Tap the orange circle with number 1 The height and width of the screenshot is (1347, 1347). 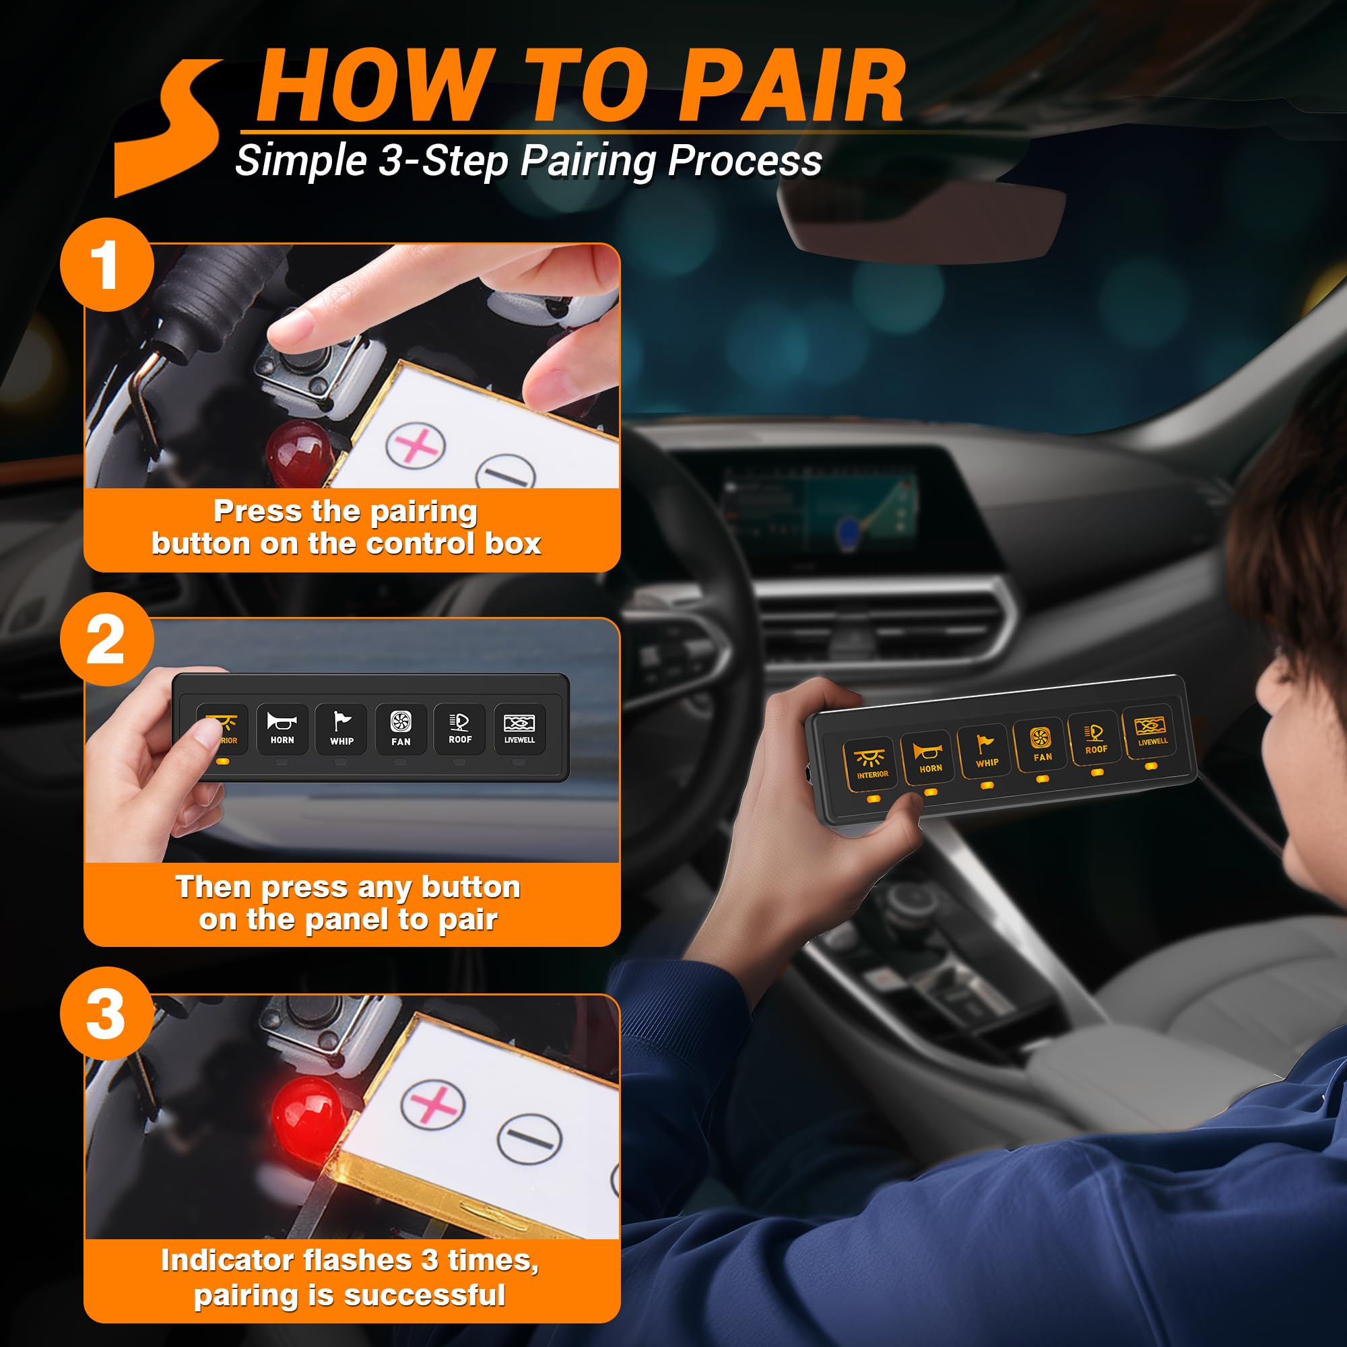pos(106,265)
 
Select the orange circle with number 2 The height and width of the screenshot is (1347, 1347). pos(106,639)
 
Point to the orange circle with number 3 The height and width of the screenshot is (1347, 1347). pos(106,1014)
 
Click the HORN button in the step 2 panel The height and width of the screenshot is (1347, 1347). pos(282,729)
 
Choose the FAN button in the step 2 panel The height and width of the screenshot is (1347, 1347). pos(401,729)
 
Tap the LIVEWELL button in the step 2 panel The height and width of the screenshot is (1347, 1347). pos(519,729)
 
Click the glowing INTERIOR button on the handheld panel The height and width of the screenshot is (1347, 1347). pos(872,764)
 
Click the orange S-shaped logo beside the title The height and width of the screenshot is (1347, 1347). pos(171,125)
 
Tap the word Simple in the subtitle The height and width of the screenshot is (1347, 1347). pos(300,160)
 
